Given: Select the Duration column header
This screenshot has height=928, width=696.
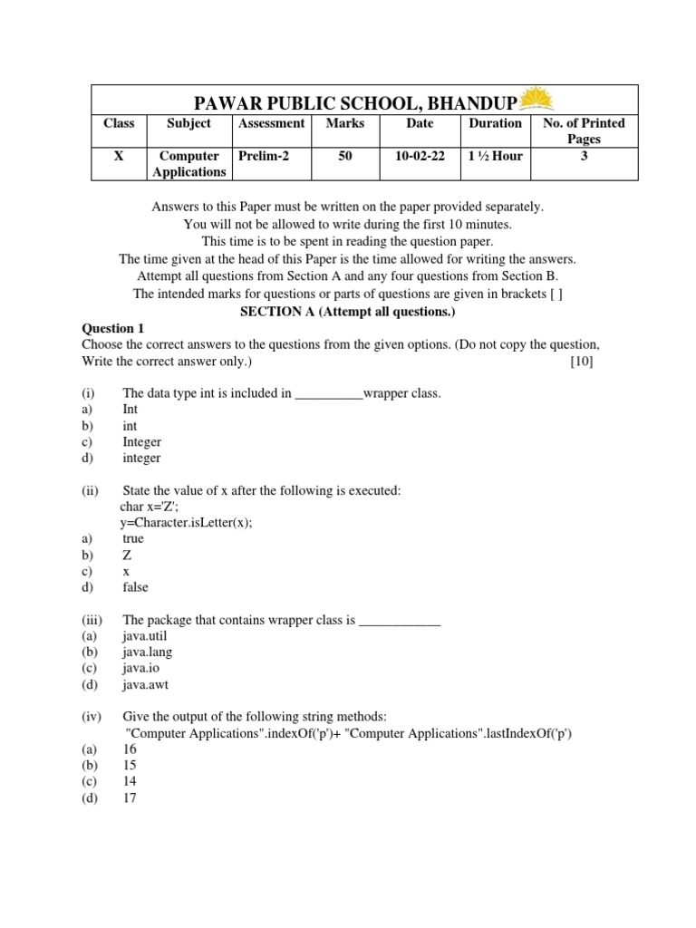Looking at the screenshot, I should coord(495,123).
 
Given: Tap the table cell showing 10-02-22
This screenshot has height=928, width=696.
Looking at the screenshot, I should coord(420,156).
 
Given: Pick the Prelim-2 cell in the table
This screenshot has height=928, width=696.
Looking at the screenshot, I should coord(264,156).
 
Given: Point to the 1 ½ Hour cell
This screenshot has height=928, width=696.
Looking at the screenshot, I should coord(495,156).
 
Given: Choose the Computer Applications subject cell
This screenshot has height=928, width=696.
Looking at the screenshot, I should coord(188,164).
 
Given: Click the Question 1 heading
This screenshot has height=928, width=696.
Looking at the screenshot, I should coord(113,328).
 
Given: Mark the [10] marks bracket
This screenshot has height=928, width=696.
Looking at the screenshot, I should coord(581,362).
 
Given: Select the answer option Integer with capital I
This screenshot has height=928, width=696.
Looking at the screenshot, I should coord(142,442).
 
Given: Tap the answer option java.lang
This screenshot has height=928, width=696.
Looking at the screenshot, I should coord(147,652).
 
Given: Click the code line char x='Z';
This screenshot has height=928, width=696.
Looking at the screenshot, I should coord(156,507).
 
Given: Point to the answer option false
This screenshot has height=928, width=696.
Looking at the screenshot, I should coord(135,587).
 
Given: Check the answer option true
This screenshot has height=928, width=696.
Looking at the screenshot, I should coord(133,538).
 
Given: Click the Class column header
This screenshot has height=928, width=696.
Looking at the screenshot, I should coord(119,123).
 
